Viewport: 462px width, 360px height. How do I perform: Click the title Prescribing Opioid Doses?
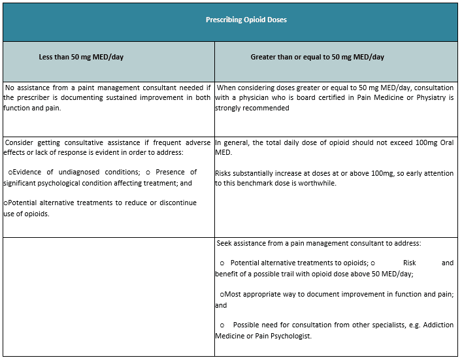coord(246,20)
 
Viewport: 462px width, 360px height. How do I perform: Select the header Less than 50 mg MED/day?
coord(81,57)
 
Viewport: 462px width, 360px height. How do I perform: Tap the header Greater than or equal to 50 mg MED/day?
coord(317,57)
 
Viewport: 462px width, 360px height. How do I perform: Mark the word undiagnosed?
coord(82,172)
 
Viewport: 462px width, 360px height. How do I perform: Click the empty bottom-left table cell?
coord(108,297)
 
